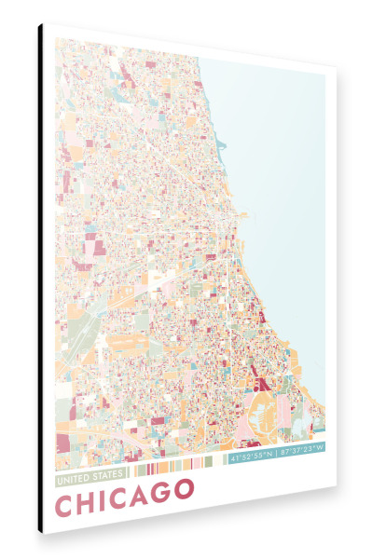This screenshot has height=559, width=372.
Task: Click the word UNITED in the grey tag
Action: [72, 479]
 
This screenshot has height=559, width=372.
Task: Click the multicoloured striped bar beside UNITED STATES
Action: [177, 466]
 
